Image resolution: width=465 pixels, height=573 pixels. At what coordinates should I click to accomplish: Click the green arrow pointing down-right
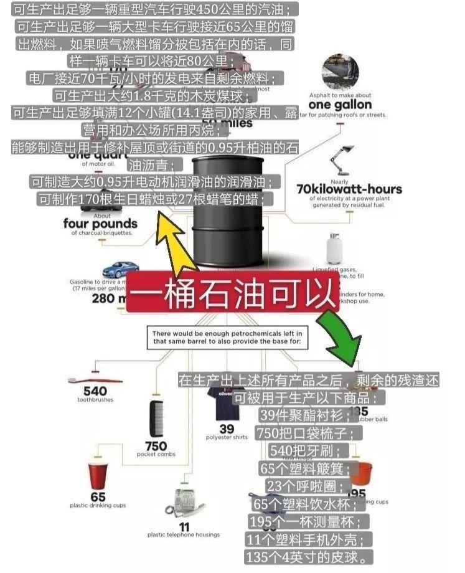click(x=339, y=334)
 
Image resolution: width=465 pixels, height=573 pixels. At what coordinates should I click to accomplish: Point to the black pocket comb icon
click(x=156, y=419)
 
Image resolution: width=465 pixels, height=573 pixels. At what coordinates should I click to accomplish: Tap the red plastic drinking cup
click(x=98, y=476)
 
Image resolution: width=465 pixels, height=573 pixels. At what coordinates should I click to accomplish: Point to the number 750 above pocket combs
click(x=156, y=446)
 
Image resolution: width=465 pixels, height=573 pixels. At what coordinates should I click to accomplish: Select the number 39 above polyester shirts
click(x=227, y=429)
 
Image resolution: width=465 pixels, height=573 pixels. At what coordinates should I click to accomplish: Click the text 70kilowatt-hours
click(x=349, y=189)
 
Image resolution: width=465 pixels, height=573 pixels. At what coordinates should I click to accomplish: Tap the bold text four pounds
click(x=100, y=223)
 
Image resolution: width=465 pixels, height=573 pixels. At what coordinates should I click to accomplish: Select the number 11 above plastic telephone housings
click(x=184, y=526)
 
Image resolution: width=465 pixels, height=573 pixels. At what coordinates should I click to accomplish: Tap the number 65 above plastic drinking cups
click(x=98, y=496)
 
